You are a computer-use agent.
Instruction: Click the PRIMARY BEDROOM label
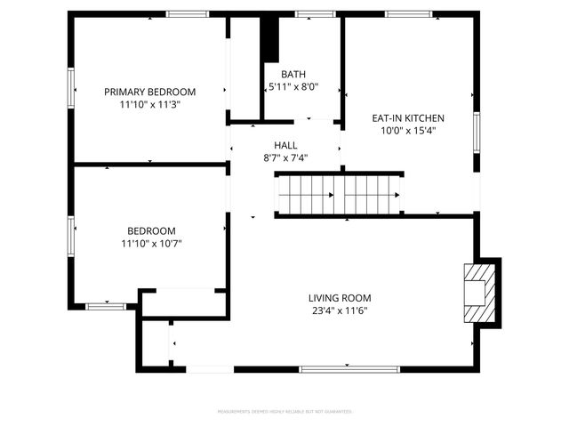pyautogui.click(x=149, y=92)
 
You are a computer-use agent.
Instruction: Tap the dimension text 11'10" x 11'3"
pyautogui.click(x=149, y=105)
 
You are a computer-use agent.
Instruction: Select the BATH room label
pyautogui.click(x=293, y=75)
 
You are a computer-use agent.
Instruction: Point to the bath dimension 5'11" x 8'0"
pyautogui.click(x=293, y=87)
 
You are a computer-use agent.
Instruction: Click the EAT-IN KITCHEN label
pyautogui.click(x=407, y=117)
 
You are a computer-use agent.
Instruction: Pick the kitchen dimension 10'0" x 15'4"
pyautogui.click(x=407, y=131)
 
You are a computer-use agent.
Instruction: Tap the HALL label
pyautogui.click(x=285, y=145)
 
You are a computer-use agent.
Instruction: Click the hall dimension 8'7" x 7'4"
pyautogui.click(x=285, y=158)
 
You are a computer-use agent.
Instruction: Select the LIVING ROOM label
pyautogui.click(x=340, y=298)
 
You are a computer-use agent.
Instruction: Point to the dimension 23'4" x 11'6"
pyautogui.click(x=340, y=311)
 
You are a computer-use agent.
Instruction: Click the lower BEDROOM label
pyautogui.click(x=151, y=230)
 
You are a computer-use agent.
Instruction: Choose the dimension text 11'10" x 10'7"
pyautogui.click(x=151, y=243)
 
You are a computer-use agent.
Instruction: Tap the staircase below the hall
pyautogui.click(x=339, y=195)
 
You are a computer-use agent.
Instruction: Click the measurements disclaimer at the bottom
pyautogui.click(x=284, y=412)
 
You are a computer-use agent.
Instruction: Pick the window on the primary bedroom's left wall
pyautogui.click(x=71, y=89)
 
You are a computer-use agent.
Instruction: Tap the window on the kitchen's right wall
pyautogui.click(x=477, y=132)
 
